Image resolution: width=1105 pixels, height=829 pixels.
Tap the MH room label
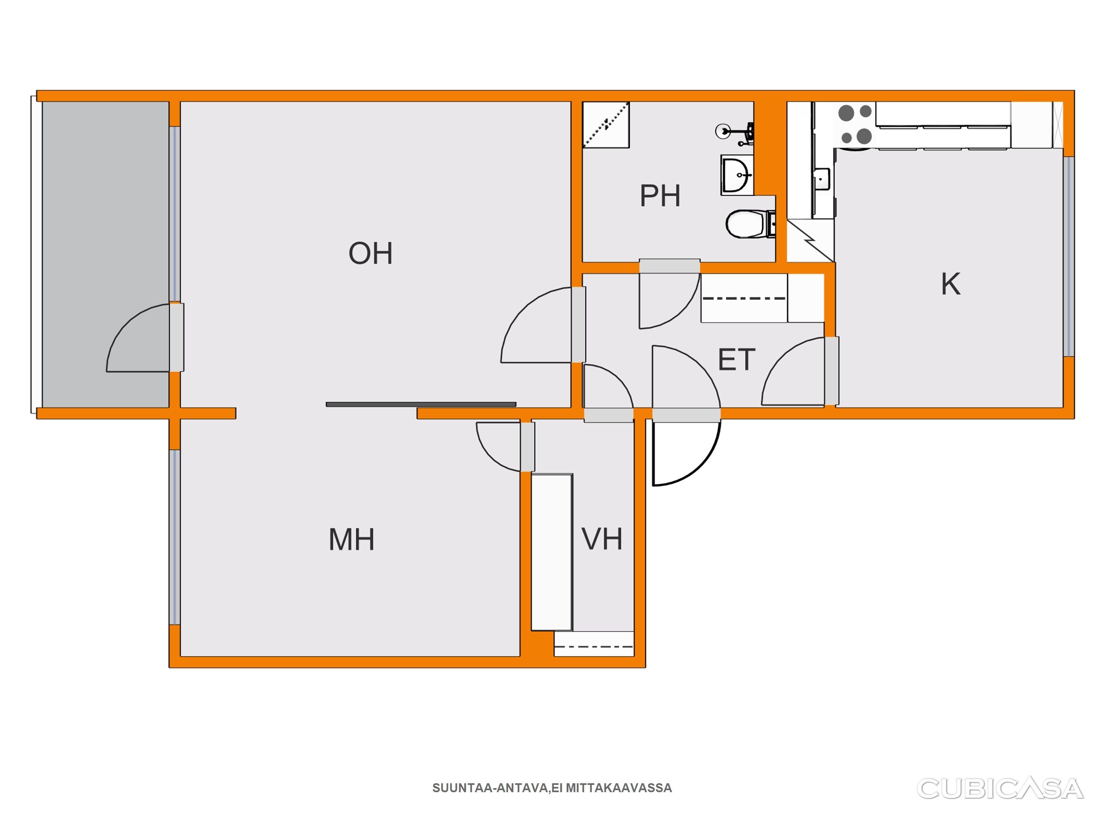[x=351, y=540]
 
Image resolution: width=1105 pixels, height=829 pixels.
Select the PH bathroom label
[x=660, y=196]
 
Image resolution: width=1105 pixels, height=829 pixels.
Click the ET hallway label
[x=736, y=360]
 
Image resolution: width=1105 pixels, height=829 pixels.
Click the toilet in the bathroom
[x=750, y=224]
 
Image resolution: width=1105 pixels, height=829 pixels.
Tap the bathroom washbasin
[x=737, y=175]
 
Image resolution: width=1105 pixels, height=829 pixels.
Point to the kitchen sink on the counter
[x=821, y=179]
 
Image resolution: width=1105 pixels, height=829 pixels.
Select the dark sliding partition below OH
[x=421, y=404]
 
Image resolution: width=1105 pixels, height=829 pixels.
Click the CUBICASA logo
[x=1001, y=789]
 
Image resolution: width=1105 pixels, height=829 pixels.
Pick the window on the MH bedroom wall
[x=174, y=537]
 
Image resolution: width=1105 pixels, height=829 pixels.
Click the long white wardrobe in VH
[x=552, y=552]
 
